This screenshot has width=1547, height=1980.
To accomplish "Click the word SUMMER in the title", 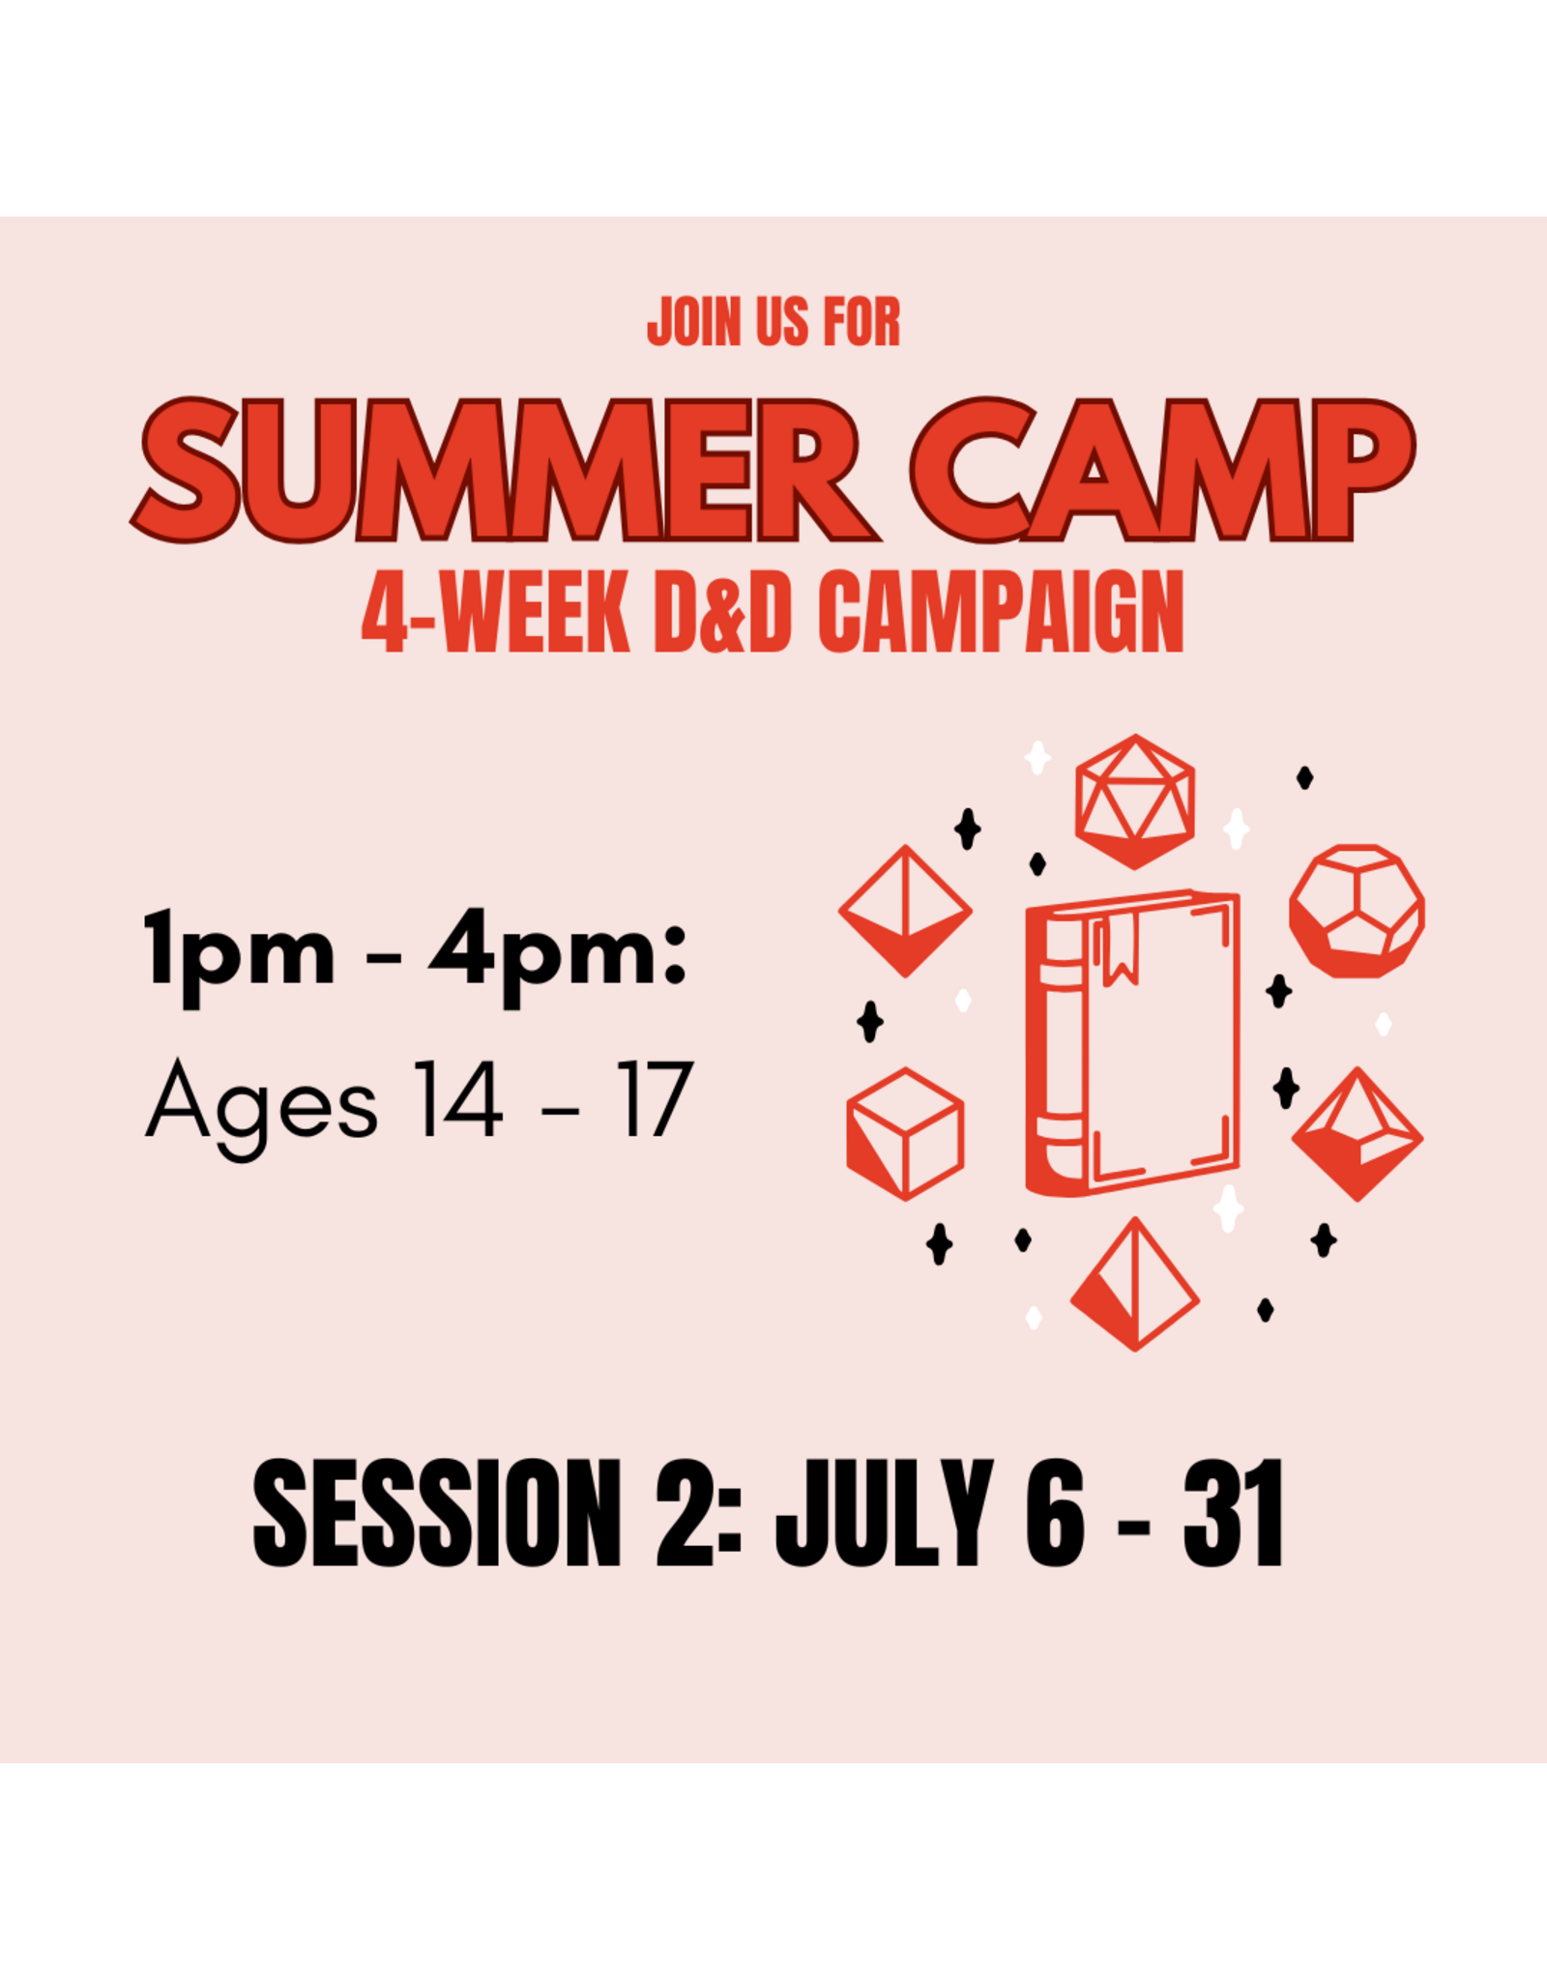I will [503, 471].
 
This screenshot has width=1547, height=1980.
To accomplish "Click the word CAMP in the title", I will [1160, 471].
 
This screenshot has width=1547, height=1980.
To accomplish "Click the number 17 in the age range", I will [655, 1099].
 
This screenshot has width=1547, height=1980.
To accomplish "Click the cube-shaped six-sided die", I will [905, 1133].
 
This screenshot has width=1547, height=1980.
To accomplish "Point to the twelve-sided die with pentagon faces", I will [1357, 911].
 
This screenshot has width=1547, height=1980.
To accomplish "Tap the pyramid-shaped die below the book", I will [1135, 1286].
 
